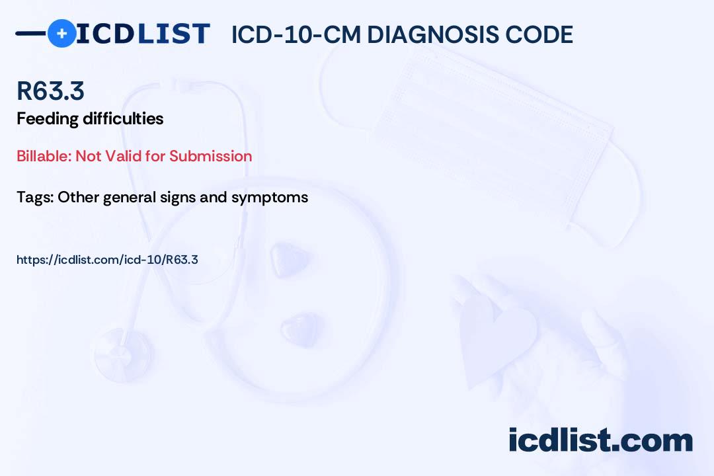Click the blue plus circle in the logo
point(61,33)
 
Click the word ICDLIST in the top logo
point(143,34)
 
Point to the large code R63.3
point(50,91)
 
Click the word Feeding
point(48,120)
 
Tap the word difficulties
point(123,118)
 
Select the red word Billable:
point(44,156)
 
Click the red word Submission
point(210,156)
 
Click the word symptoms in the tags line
point(270,198)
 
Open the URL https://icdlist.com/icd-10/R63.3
point(108,260)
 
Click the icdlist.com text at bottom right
point(600,440)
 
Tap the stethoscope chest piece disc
point(124,354)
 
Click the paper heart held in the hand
point(496,338)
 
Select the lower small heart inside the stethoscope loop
point(299,329)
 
